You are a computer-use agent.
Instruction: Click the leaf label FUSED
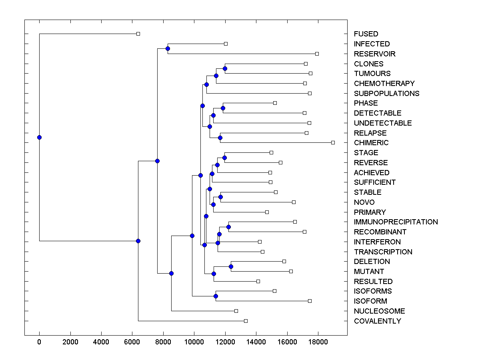pos(366,34)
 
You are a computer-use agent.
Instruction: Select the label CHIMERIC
pos(371,143)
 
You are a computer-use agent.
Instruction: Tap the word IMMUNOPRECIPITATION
pos(396,222)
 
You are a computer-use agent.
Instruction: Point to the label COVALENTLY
pos(377,321)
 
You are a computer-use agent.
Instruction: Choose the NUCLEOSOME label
pos(379,311)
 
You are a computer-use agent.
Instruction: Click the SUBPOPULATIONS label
pos(386,94)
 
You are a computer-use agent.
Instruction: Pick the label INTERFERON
pos(377,242)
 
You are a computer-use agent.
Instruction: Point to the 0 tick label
pos(39,342)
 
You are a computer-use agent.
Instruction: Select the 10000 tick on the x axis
pos(194,342)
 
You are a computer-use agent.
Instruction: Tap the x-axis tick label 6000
pos(132,342)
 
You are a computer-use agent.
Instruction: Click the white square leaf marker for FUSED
pos(138,34)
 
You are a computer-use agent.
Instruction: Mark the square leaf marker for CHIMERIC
pos(333,142)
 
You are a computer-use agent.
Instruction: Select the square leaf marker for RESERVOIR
pos(317,54)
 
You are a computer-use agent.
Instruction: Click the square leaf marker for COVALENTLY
pos(246,321)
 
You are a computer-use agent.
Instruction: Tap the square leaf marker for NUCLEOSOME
pos(236,311)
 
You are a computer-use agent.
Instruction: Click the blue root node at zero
pos(39,137)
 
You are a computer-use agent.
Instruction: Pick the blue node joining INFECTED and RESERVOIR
pos(168,49)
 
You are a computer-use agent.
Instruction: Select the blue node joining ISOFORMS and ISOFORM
pos(216,296)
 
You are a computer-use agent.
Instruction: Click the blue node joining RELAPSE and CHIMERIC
pos(220,138)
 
